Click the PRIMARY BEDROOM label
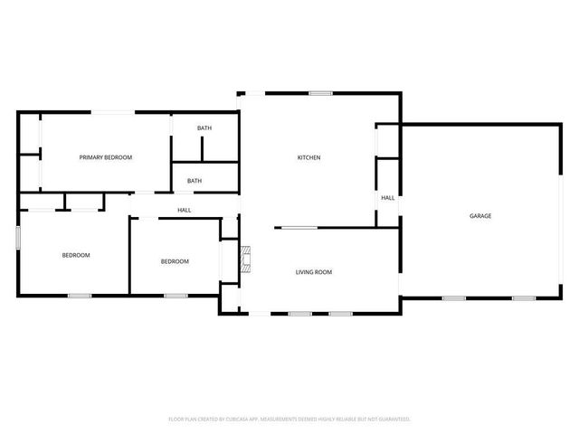click(x=105, y=157)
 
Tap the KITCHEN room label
click(x=309, y=157)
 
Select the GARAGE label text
click(x=480, y=216)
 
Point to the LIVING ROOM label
click(x=315, y=271)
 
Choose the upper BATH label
click(x=204, y=128)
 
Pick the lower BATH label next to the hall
click(x=195, y=181)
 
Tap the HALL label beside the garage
click(x=387, y=197)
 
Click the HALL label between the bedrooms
click(x=184, y=210)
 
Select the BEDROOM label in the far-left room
click(x=76, y=255)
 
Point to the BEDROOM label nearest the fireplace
click(x=175, y=261)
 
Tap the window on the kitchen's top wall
click(x=320, y=93)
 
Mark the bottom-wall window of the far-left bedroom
click(x=80, y=296)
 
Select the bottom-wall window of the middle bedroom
click(x=176, y=296)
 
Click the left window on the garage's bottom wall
click(x=453, y=297)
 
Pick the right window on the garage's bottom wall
click(x=524, y=297)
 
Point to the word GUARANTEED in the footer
click(x=392, y=420)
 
